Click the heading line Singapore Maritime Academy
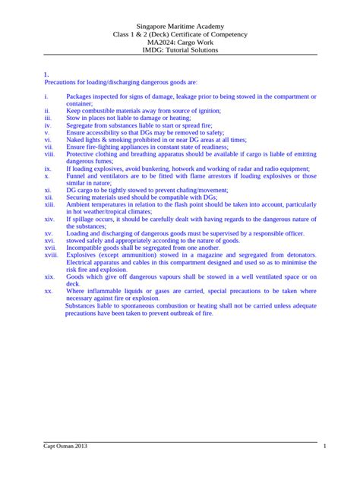[x=180, y=25]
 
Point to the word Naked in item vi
[x=77, y=141]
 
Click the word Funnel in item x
[x=78, y=175]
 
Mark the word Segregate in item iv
[x=82, y=125]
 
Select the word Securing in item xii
[x=81, y=197]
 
